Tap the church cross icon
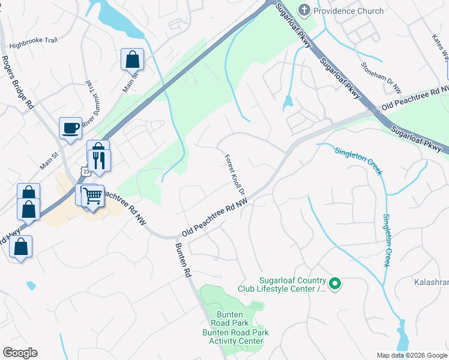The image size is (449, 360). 304,10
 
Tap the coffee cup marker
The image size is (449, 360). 70,128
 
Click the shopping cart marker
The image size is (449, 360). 92,195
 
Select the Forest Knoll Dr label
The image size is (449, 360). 236,175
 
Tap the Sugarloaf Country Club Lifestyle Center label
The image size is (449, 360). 292,284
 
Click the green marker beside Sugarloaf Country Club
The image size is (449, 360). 336,284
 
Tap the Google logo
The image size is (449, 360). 20,353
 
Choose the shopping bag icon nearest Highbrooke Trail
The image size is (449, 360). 132,59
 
